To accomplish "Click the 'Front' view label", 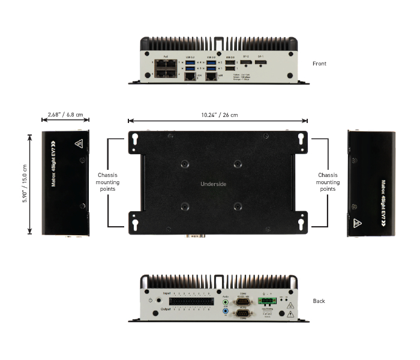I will coord(319,63).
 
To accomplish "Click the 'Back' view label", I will coord(319,301).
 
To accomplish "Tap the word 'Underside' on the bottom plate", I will coord(213,184).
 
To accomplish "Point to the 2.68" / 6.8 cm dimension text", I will coord(65,115).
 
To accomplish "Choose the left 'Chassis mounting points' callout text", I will coord(108,182).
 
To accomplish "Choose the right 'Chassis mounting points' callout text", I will coord(328,182).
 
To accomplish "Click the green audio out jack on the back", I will coord(225,302).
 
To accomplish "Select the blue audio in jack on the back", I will coord(225,311).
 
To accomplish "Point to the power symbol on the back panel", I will coord(149,300).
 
